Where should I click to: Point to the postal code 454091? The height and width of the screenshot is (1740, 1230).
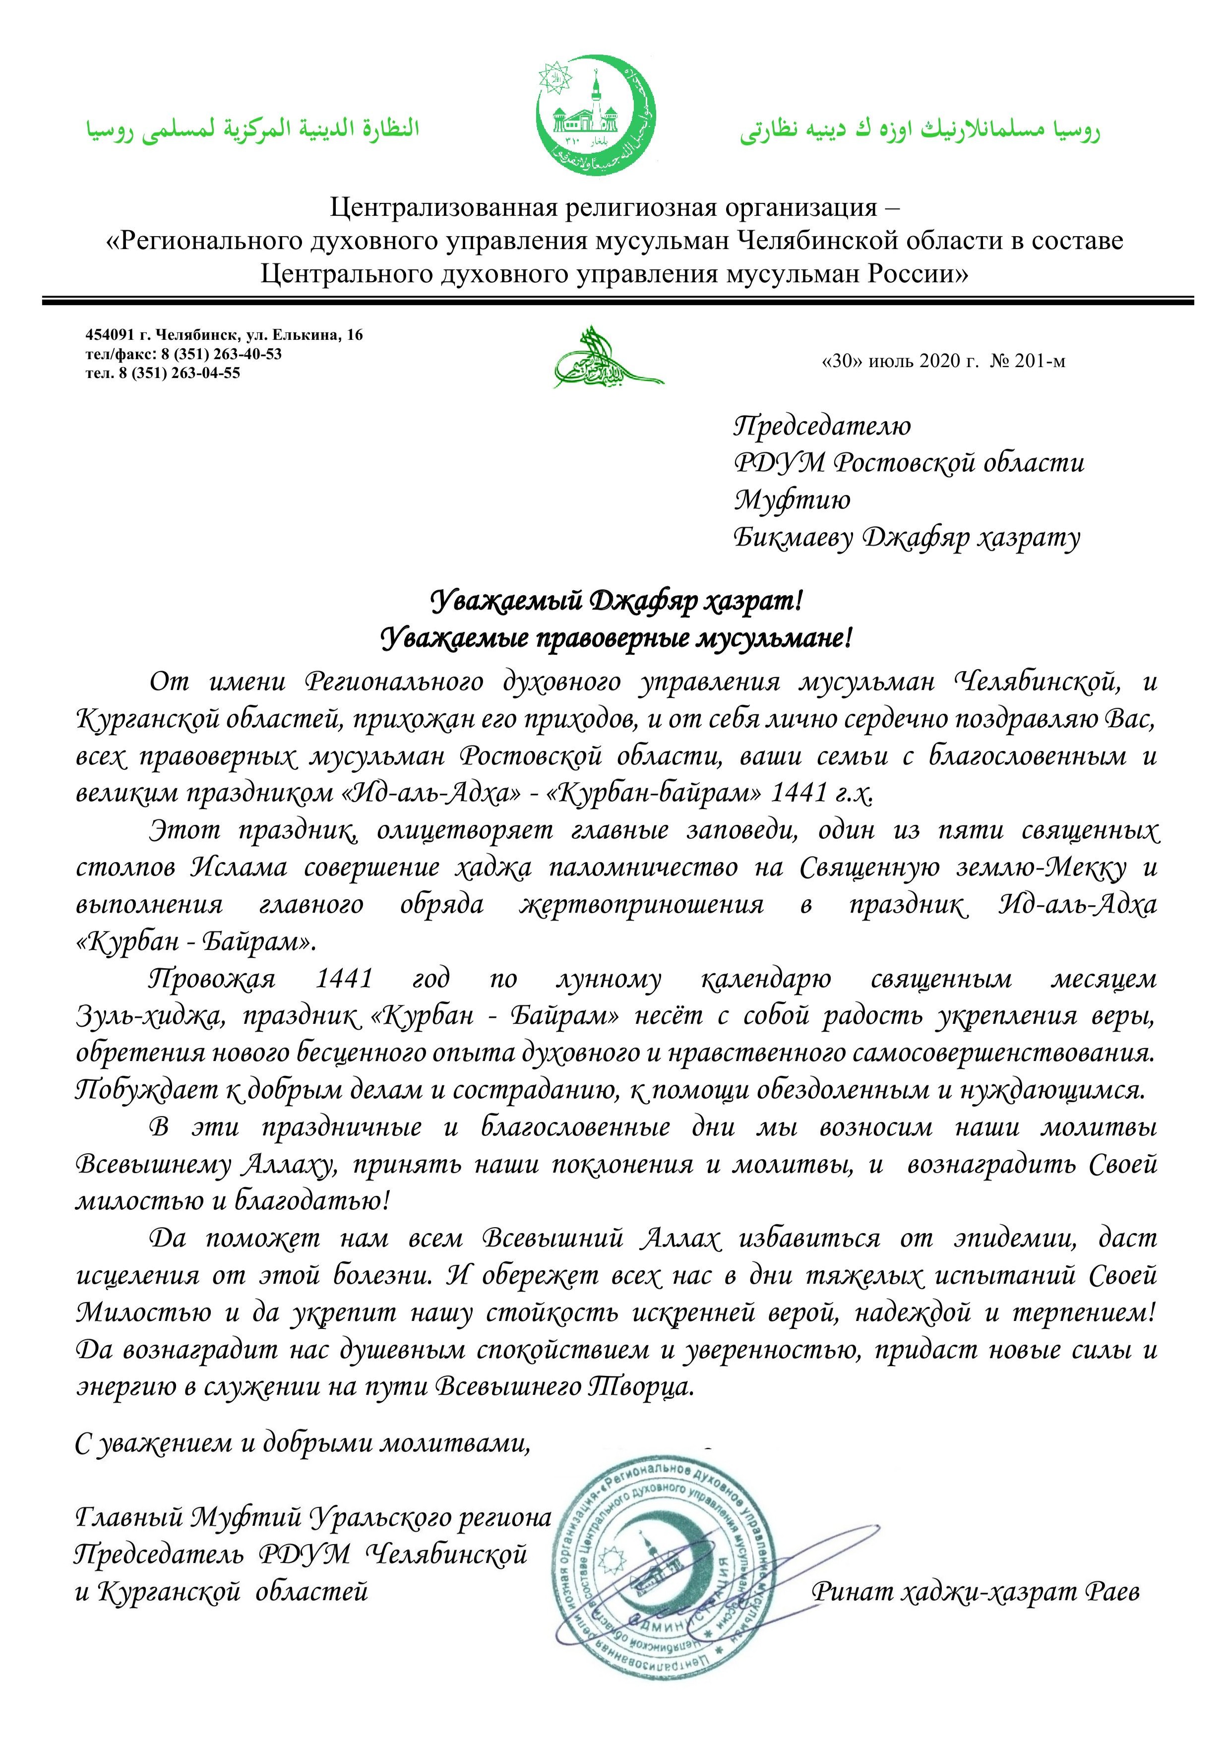(x=106, y=335)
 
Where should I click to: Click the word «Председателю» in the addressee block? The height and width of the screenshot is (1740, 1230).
(x=822, y=426)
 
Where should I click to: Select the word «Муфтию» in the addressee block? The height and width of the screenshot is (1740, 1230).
(x=792, y=499)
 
